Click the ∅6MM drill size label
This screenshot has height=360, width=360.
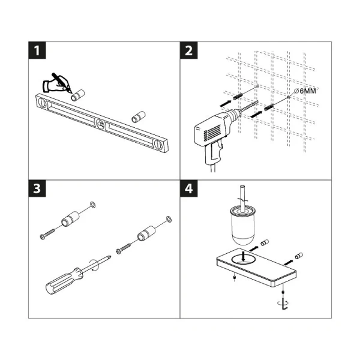305,90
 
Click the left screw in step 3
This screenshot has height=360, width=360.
48,235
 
